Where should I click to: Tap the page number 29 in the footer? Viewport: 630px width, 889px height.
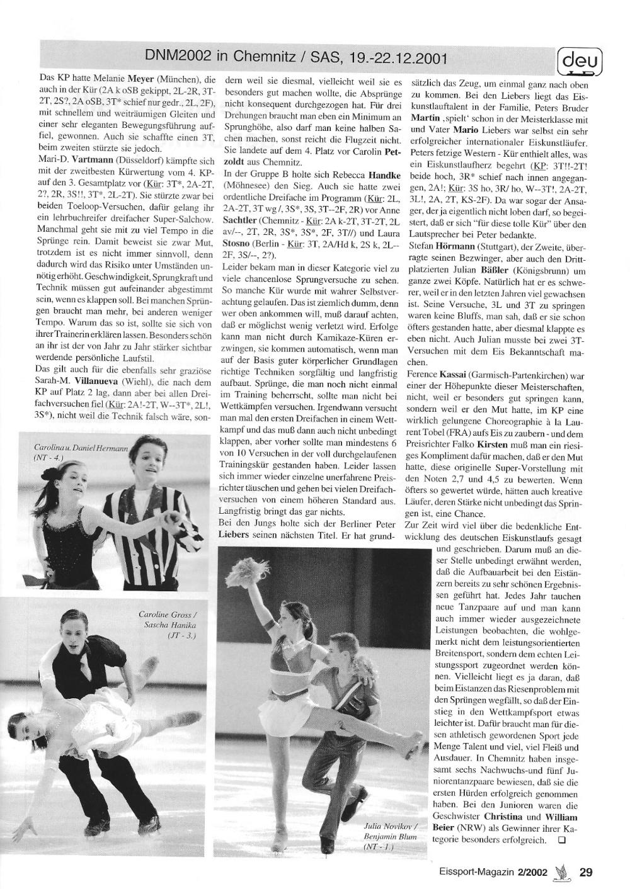point(586,872)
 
